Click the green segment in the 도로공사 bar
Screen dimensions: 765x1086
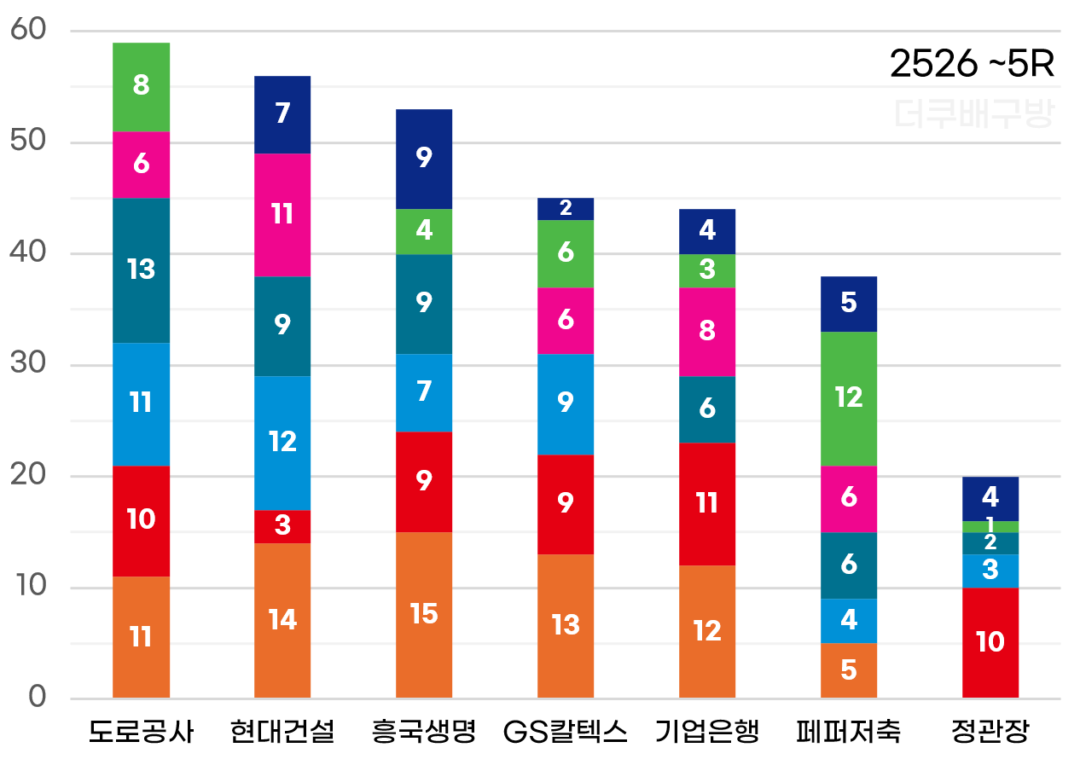[141, 87]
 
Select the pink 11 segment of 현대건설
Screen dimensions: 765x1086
[282, 215]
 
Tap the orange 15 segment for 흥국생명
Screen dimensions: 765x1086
[424, 615]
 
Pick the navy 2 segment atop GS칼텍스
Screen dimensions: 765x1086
[566, 209]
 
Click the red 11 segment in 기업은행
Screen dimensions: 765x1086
[707, 504]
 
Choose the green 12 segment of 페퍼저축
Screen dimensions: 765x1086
[849, 399]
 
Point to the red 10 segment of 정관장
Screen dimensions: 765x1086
[990, 643]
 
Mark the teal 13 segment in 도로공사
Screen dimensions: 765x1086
[141, 270]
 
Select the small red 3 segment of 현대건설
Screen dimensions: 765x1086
[282, 525]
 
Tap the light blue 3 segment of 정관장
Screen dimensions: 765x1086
[990, 571]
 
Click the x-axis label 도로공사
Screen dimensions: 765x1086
[141, 732]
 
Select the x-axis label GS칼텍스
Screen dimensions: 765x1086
[566, 732]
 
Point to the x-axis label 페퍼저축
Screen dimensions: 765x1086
[848, 732]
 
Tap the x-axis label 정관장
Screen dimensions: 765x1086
[990, 732]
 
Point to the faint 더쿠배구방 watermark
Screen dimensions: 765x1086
[974, 114]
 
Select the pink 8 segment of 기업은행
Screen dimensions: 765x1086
[707, 332]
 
